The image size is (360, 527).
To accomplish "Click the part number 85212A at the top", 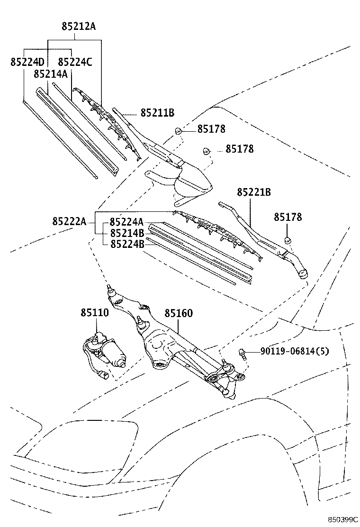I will [x=78, y=27].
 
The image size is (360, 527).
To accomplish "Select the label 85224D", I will [x=27, y=62].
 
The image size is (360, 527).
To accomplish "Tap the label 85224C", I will [x=75, y=62].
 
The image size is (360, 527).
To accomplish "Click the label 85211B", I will [x=157, y=113].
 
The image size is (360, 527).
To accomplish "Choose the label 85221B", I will [x=254, y=192].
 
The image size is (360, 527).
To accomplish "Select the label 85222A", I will [x=69, y=221].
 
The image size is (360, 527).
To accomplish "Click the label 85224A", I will [x=127, y=222].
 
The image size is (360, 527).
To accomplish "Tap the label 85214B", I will [x=127, y=233].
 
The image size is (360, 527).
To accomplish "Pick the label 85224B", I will [x=127, y=244].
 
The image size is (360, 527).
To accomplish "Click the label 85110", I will [x=94, y=313].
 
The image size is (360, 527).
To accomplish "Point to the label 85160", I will [x=179, y=314].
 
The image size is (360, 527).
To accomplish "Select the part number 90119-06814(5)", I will [x=294, y=351].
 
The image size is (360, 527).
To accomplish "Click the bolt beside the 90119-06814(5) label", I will [x=243, y=353].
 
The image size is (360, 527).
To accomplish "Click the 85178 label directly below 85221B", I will [x=288, y=218].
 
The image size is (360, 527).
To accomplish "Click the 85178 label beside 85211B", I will [x=211, y=129].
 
